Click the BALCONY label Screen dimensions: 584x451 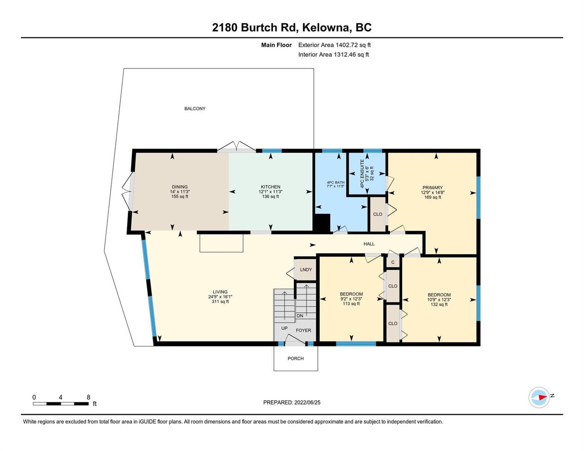pyautogui.click(x=194, y=109)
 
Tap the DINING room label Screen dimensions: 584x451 pyautogui.click(x=180, y=187)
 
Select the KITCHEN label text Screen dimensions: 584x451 pyautogui.click(x=270, y=187)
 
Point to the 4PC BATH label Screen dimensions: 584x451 pyautogui.click(x=335, y=182)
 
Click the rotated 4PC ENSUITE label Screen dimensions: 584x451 pyautogui.click(x=362, y=174)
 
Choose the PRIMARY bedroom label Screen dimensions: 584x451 pyautogui.click(x=432, y=188)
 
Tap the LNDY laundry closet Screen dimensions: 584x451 pyautogui.click(x=306, y=269)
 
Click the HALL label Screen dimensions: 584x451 pyautogui.click(x=369, y=244)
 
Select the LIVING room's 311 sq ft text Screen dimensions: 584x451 pyautogui.click(x=220, y=301)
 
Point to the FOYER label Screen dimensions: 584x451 pyautogui.click(x=303, y=330)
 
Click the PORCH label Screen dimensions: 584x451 pyautogui.click(x=295, y=358)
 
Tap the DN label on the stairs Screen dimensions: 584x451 pyautogui.click(x=300, y=316)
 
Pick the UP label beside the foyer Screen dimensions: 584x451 pyautogui.click(x=284, y=328)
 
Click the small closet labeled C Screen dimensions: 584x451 pyautogui.click(x=393, y=262)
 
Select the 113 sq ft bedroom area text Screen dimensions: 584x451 pyautogui.click(x=351, y=304)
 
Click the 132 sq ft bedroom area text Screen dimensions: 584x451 pyautogui.click(x=439, y=304)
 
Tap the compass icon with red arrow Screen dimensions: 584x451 pyautogui.click(x=538, y=398)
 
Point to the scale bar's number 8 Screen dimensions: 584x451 pyautogui.click(x=88, y=397)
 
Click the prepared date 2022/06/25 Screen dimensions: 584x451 pyautogui.click(x=307, y=403)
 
